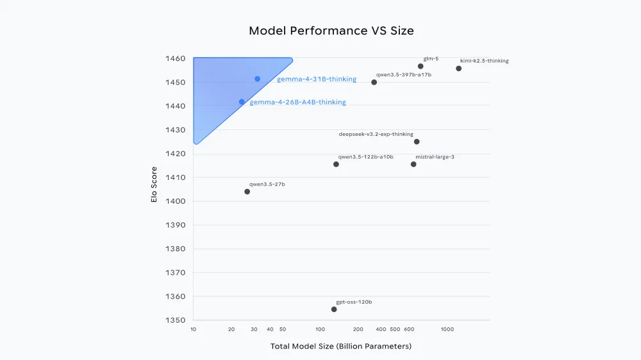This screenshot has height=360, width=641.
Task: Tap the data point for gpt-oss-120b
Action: pos(334,309)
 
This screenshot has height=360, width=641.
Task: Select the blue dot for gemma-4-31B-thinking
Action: pos(257,79)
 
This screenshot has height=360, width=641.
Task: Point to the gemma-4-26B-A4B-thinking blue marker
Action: pos(242,102)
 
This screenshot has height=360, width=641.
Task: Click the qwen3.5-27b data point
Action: pos(247,192)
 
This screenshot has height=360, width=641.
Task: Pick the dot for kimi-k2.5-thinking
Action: pos(458,69)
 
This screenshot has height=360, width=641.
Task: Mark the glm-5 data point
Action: pos(420,66)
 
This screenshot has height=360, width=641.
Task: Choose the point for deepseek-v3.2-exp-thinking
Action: pos(417,142)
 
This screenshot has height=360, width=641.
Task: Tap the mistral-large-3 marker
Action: pos(413,164)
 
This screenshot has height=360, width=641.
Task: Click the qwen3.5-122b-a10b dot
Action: pos(336,164)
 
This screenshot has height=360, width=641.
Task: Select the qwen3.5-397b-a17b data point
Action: pos(374,82)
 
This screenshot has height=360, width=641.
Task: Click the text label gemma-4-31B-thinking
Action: pos(317,79)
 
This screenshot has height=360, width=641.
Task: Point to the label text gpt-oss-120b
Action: pos(354,302)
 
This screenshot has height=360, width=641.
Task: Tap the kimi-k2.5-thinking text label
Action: pos(484,61)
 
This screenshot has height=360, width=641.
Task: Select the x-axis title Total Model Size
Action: pos(341,347)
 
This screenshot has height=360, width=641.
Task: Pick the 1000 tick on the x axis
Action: pos(447,329)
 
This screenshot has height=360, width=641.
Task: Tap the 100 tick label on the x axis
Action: pos(320,329)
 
